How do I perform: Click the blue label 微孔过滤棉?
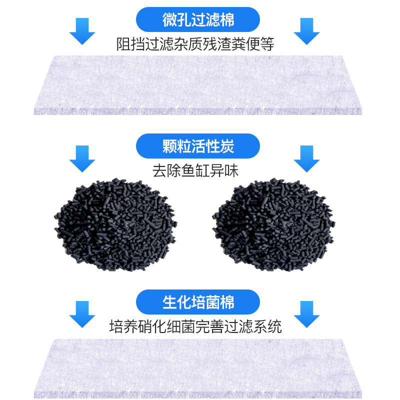198,20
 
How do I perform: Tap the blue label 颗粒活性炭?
198,146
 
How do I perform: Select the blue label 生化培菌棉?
198,302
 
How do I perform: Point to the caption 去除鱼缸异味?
195,170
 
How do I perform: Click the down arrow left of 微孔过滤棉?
82,31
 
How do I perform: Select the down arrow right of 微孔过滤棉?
306,31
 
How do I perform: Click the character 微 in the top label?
170,20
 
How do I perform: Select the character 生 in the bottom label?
170,302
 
